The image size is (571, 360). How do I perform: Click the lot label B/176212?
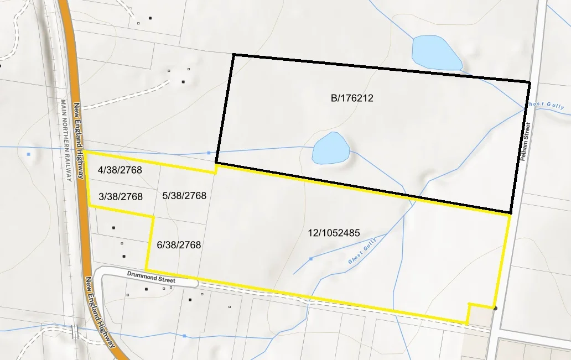[x=352, y=98]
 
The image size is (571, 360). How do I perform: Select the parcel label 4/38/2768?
[x=119, y=170]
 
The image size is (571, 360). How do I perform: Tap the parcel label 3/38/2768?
[x=121, y=197]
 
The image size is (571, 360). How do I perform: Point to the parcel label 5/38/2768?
[x=184, y=196]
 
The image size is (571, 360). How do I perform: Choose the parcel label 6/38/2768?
[x=179, y=244]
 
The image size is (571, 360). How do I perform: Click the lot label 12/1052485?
[x=334, y=233]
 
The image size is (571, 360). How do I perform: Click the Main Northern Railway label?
[x=66, y=140]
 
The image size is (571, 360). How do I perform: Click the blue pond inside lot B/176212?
[x=330, y=149]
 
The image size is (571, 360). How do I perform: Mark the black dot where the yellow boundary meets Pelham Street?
[x=495, y=308]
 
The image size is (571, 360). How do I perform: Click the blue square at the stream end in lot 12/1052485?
[x=310, y=259]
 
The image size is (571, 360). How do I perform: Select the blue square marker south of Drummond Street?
[x=184, y=336]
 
